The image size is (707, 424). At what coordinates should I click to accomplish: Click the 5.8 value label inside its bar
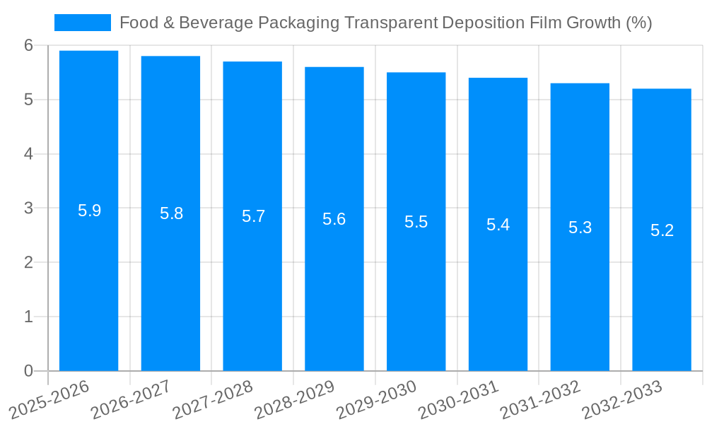[171, 214]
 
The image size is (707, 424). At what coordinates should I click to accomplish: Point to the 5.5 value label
[416, 222]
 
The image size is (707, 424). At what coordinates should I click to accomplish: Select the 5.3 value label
[580, 228]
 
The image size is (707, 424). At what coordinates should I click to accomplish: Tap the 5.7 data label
[253, 217]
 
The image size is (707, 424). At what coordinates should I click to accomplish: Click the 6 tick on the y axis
[28, 45]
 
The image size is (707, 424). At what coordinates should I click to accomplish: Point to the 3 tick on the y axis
[28, 208]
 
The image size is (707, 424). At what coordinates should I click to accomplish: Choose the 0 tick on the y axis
[28, 371]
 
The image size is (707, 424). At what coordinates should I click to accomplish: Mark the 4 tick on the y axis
[28, 154]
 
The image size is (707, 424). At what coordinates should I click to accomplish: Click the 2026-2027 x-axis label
[132, 399]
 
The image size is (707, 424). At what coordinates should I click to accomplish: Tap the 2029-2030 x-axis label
[377, 399]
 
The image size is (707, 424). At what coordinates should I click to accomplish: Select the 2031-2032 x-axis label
[541, 399]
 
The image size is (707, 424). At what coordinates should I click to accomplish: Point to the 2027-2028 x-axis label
[214, 399]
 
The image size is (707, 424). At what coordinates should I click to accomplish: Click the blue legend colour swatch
[83, 23]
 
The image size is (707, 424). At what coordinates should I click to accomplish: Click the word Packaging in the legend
[299, 23]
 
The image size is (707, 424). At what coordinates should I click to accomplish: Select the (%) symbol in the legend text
[639, 23]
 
